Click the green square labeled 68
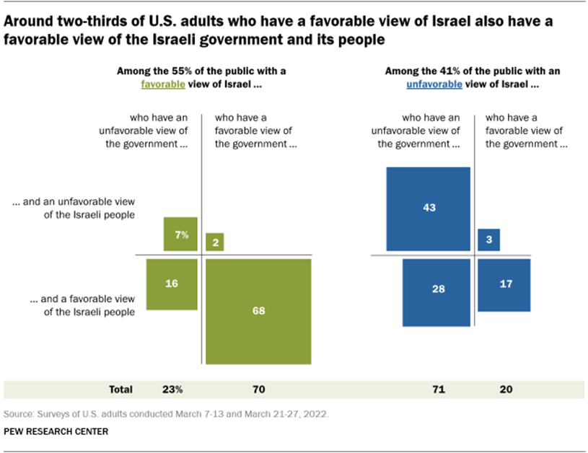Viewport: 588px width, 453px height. [x=258, y=312]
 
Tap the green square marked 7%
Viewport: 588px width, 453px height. [x=180, y=234]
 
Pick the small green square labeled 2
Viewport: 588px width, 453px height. [x=215, y=242]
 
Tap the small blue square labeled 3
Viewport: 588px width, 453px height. [x=488, y=239]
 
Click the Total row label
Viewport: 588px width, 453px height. [x=120, y=389]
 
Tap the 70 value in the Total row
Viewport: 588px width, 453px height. [x=258, y=389]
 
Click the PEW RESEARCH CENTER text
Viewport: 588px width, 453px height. [x=56, y=431]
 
